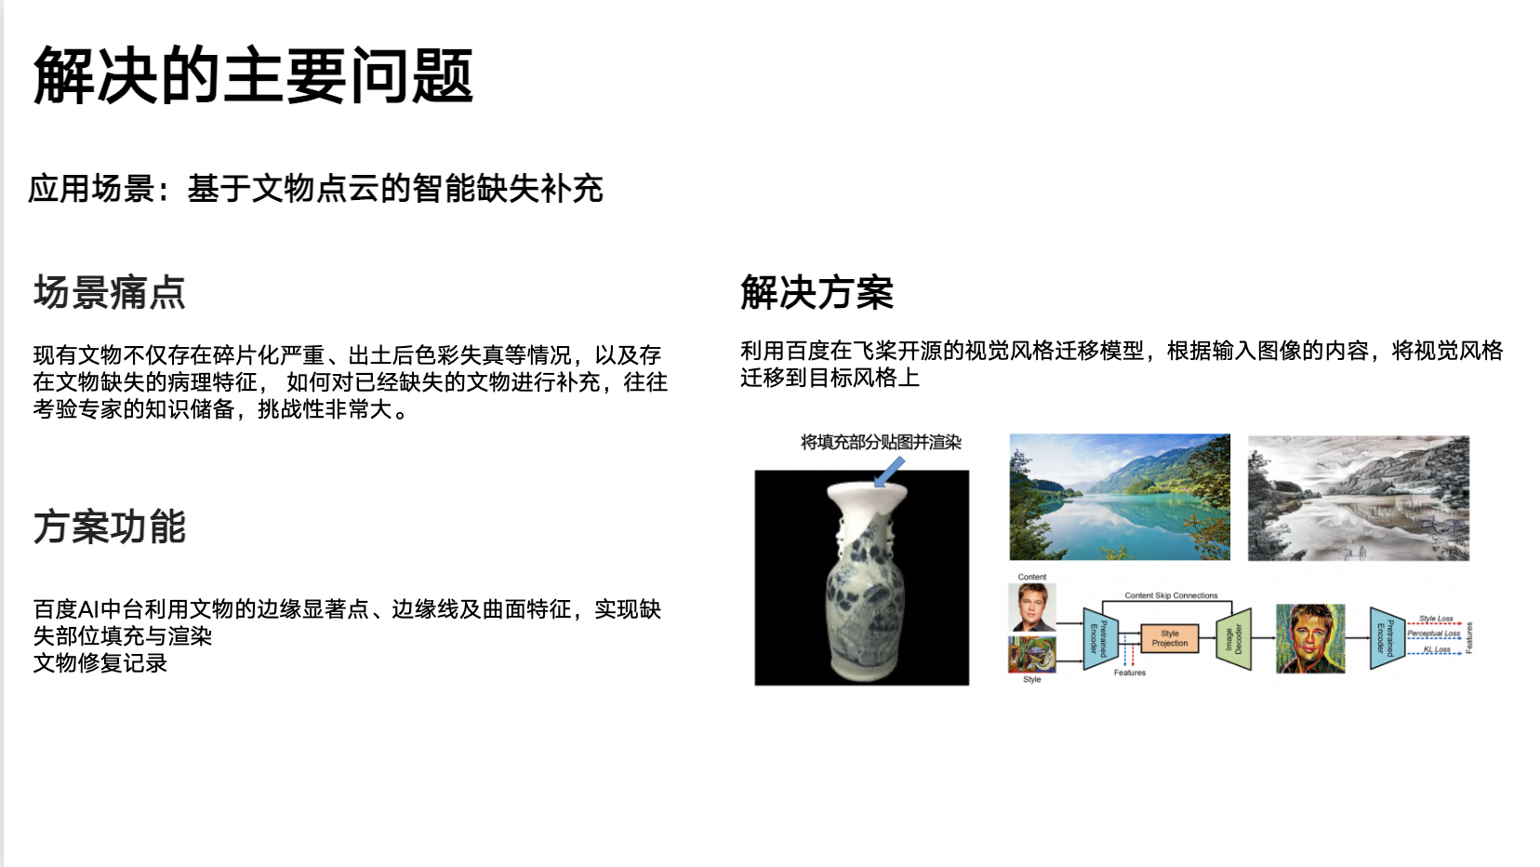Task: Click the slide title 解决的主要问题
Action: [x=253, y=75]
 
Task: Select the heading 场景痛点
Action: [x=110, y=292]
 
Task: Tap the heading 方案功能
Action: [x=110, y=527]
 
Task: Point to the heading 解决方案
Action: [x=816, y=292]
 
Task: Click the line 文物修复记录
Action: [x=100, y=663]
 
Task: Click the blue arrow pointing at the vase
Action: [x=889, y=473]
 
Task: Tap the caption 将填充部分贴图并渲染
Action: [x=881, y=442]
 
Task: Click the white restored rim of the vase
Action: [x=867, y=494]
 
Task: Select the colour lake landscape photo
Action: [x=1120, y=497]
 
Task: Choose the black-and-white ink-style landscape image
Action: [x=1359, y=498]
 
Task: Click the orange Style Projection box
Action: [x=1170, y=638]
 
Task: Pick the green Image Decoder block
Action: [x=1234, y=639]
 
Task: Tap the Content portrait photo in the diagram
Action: [x=1032, y=607]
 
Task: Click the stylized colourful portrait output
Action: [x=1310, y=639]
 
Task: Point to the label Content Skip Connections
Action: [x=1171, y=595]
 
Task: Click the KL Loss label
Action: [x=1436, y=649]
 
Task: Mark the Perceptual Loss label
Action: [x=1433, y=634]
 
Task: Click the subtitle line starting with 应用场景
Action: [x=315, y=189]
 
